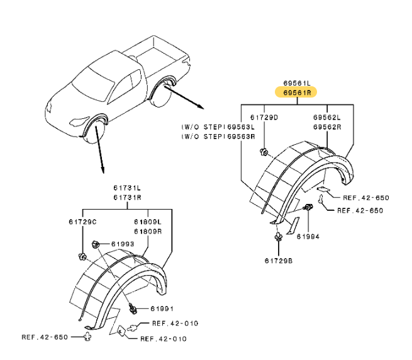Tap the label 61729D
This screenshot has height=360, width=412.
[x=264, y=118]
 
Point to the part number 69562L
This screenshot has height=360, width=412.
[x=327, y=118]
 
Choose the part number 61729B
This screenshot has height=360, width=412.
[x=277, y=260]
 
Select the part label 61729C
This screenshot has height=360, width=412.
[x=82, y=222]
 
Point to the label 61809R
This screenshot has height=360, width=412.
[x=147, y=231]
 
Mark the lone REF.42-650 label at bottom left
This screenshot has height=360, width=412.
[x=44, y=337]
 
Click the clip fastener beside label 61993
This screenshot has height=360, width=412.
[x=94, y=244]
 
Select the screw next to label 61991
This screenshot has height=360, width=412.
[x=133, y=308]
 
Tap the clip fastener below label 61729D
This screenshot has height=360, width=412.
[x=265, y=151]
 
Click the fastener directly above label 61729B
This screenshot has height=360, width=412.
[x=277, y=238]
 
